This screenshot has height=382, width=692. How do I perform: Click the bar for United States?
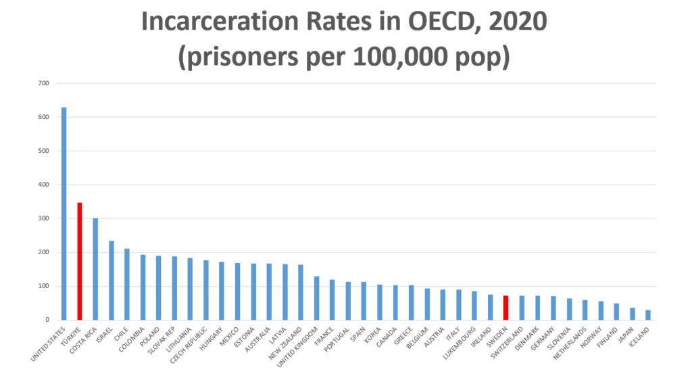pos(64,213)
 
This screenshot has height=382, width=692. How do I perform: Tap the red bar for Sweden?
pos(505,308)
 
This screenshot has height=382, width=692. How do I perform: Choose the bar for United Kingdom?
pos(316,297)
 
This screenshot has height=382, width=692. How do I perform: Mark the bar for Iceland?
pos(647,315)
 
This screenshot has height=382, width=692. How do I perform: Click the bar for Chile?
pos(126,284)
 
